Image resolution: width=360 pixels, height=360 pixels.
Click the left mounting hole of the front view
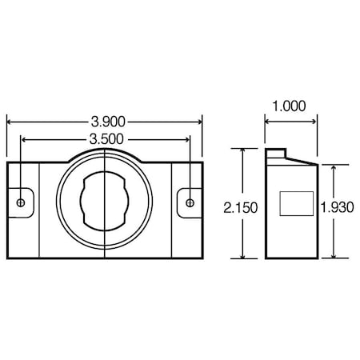click(19, 203)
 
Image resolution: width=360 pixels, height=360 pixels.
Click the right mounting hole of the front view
click(190, 203)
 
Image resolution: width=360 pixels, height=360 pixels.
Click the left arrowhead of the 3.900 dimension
click(10, 122)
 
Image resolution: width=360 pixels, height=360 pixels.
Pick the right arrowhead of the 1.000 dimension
click(315, 122)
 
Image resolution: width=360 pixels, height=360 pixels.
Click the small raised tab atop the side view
click(276, 152)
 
